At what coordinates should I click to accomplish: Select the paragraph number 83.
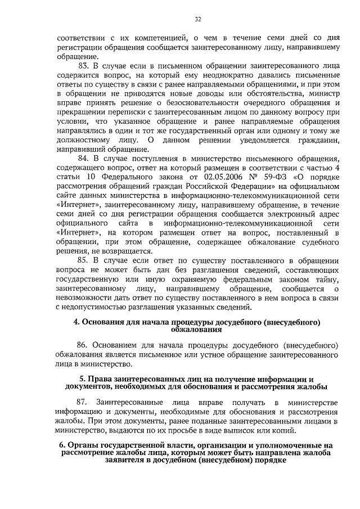[x=83, y=66]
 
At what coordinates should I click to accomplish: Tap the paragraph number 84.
[x=83, y=159]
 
